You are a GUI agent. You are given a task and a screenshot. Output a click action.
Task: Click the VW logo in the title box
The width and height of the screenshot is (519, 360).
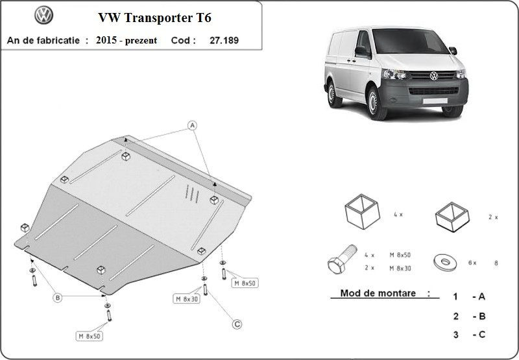coord(43,15)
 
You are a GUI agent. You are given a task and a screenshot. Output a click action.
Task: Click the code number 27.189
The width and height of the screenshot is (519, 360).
coord(224,40)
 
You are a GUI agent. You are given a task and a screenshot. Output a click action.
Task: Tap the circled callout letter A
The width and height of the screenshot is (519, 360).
coord(192,125)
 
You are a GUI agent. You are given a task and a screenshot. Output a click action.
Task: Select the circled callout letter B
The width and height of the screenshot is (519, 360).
coord(58,298)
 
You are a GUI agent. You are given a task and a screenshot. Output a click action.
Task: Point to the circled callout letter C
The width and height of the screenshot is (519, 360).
coord(237,324)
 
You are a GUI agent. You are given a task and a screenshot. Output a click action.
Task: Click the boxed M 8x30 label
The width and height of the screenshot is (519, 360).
coord(187,299)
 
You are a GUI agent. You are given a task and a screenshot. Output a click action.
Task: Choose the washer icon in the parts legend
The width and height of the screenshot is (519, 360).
coord(445,262)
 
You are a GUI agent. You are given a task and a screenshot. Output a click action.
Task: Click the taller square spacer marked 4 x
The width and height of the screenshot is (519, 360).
coord(362,211)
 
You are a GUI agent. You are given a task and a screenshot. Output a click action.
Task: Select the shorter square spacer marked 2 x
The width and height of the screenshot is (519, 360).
coord(452,217)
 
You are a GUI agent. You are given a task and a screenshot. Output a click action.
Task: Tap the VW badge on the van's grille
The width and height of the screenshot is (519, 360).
coord(434,76)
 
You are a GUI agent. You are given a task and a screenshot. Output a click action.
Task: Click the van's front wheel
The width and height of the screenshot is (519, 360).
coord(376,103)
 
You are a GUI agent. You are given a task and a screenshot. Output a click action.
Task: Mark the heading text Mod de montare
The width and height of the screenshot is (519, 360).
coord(378,293)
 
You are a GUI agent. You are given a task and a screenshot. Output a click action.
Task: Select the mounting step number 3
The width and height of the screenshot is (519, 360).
coord(456,335)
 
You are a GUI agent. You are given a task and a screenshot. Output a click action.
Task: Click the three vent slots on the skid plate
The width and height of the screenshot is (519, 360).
coord(192,193)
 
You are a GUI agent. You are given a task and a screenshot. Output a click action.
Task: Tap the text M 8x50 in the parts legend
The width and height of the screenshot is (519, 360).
coord(400,255)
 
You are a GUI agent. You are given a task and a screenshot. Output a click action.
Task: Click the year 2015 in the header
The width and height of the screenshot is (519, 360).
coord(106,40)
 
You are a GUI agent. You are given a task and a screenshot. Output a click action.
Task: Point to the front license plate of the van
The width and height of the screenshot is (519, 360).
coord(435,101)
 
